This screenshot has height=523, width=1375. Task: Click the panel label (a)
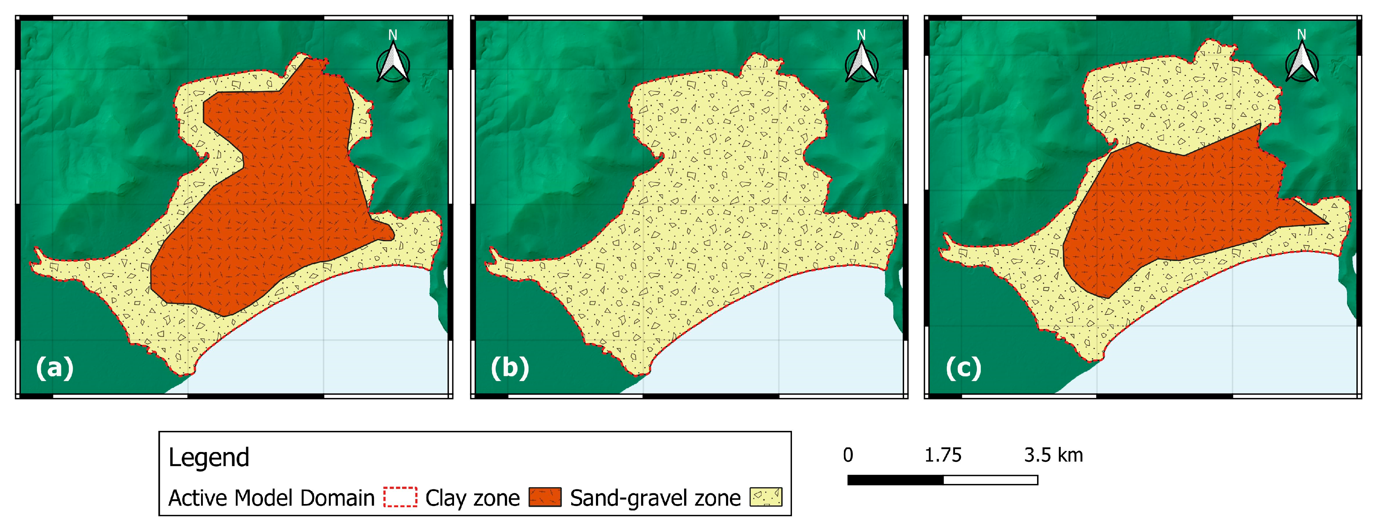click(54, 368)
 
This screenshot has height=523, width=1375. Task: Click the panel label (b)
click(510, 368)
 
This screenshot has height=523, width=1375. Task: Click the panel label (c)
click(964, 368)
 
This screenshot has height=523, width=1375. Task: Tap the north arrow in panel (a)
click(393, 60)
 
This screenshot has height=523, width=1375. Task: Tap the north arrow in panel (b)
click(861, 60)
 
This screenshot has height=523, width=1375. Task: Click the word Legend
click(209, 457)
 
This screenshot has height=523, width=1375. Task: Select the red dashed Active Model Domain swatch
click(400, 497)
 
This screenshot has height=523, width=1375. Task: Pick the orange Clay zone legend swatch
click(545, 497)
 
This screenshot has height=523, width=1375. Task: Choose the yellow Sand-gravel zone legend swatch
click(766, 497)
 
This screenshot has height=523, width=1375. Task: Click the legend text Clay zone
click(472, 498)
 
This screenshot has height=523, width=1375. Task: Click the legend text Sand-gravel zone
click(655, 498)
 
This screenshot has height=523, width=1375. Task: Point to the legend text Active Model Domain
click(271, 498)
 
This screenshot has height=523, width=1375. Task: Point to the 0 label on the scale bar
click(848, 455)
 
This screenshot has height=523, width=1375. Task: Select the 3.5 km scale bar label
click(1053, 455)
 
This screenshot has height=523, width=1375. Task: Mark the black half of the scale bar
click(896, 480)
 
